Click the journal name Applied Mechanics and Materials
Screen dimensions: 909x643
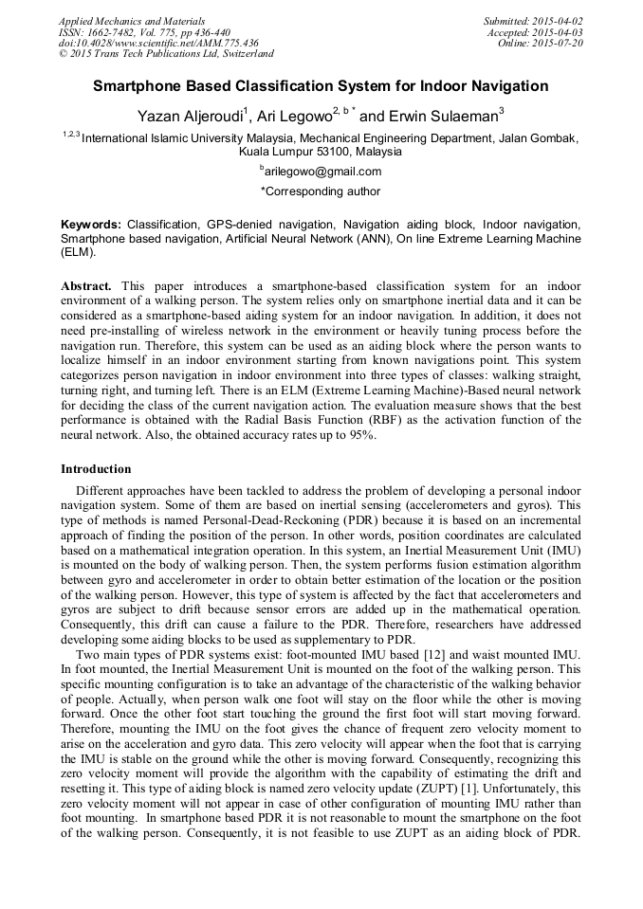131,20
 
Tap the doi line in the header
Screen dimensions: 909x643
158,43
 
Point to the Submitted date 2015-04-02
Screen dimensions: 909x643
534,20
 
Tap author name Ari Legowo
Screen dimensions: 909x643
293,117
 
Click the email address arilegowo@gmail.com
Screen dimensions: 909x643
322,172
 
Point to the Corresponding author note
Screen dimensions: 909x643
321,191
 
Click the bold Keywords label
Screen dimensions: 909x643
91,225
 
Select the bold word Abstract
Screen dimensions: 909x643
86,285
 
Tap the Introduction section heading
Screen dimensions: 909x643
96,469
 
